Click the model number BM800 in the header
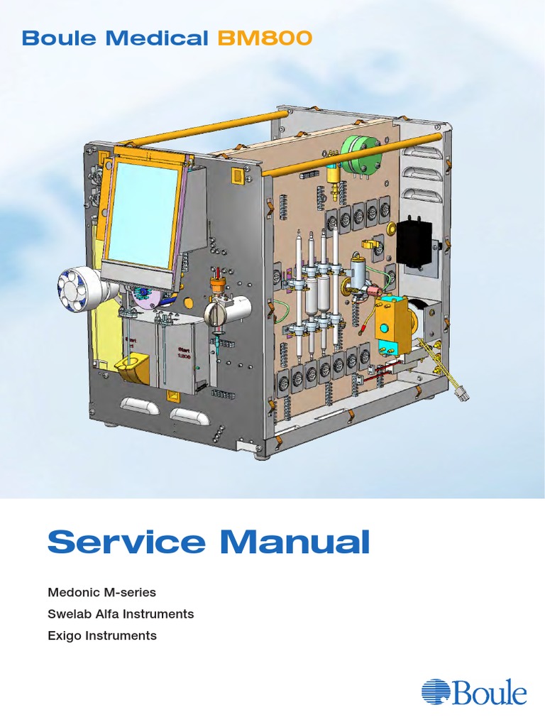(264, 38)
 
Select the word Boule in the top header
(60, 38)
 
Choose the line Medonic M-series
(101, 591)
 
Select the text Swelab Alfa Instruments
(121, 613)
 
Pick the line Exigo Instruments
(102, 635)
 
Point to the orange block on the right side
(392, 316)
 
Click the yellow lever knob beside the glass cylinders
(369, 245)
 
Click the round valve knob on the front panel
(216, 313)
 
